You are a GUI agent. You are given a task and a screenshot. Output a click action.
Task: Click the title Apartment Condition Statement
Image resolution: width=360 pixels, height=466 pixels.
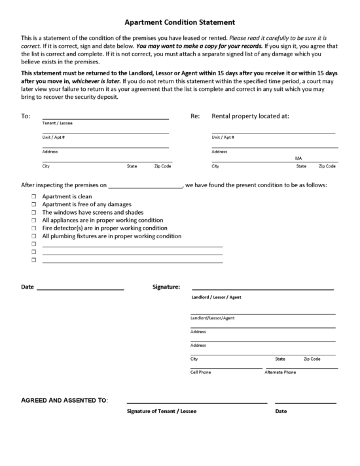click(x=179, y=22)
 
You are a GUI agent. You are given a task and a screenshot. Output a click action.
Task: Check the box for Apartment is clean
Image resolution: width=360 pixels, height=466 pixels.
click(x=32, y=196)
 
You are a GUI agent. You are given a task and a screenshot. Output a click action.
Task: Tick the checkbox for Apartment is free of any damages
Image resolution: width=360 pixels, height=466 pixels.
click(x=32, y=204)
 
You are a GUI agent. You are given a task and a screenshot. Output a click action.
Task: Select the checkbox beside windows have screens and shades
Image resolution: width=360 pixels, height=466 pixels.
click(x=32, y=212)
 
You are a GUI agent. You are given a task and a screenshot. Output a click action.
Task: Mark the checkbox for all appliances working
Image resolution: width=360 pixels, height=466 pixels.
click(x=32, y=221)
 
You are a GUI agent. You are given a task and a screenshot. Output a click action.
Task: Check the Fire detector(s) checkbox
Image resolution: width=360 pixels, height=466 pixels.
click(x=32, y=228)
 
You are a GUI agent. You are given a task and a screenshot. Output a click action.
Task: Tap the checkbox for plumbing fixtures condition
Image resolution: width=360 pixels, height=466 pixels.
click(x=32, y=236)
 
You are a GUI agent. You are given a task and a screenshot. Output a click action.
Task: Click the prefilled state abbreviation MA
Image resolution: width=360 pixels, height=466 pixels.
click(x=298, y=158)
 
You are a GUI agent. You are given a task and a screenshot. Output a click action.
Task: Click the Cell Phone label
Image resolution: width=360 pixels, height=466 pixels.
click(x=201, y=372)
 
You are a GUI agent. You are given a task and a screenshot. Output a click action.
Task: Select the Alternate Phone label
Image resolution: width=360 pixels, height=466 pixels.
click(x=280, y=372)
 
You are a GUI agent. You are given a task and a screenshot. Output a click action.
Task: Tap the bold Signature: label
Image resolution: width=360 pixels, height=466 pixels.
click(x=166, y=287)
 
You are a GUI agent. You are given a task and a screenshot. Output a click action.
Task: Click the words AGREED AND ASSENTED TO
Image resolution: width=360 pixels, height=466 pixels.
click(x=65, y=399)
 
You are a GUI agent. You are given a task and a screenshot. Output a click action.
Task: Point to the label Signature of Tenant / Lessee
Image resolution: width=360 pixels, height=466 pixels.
click(x=161, y=411)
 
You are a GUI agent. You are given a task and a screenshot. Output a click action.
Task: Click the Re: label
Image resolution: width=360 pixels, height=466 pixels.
click(x=195, y=116)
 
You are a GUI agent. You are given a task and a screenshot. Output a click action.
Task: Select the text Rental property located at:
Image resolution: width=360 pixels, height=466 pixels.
click(x=250, y=116)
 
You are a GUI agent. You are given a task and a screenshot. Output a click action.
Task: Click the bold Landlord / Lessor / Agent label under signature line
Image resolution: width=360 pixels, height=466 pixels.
click(x=216, y=297)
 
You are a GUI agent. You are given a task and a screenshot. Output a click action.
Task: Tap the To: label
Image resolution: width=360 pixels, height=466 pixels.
click(x=26, y=116)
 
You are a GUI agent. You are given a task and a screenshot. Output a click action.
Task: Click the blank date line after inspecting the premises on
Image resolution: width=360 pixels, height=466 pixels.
click(x=145, y=185)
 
